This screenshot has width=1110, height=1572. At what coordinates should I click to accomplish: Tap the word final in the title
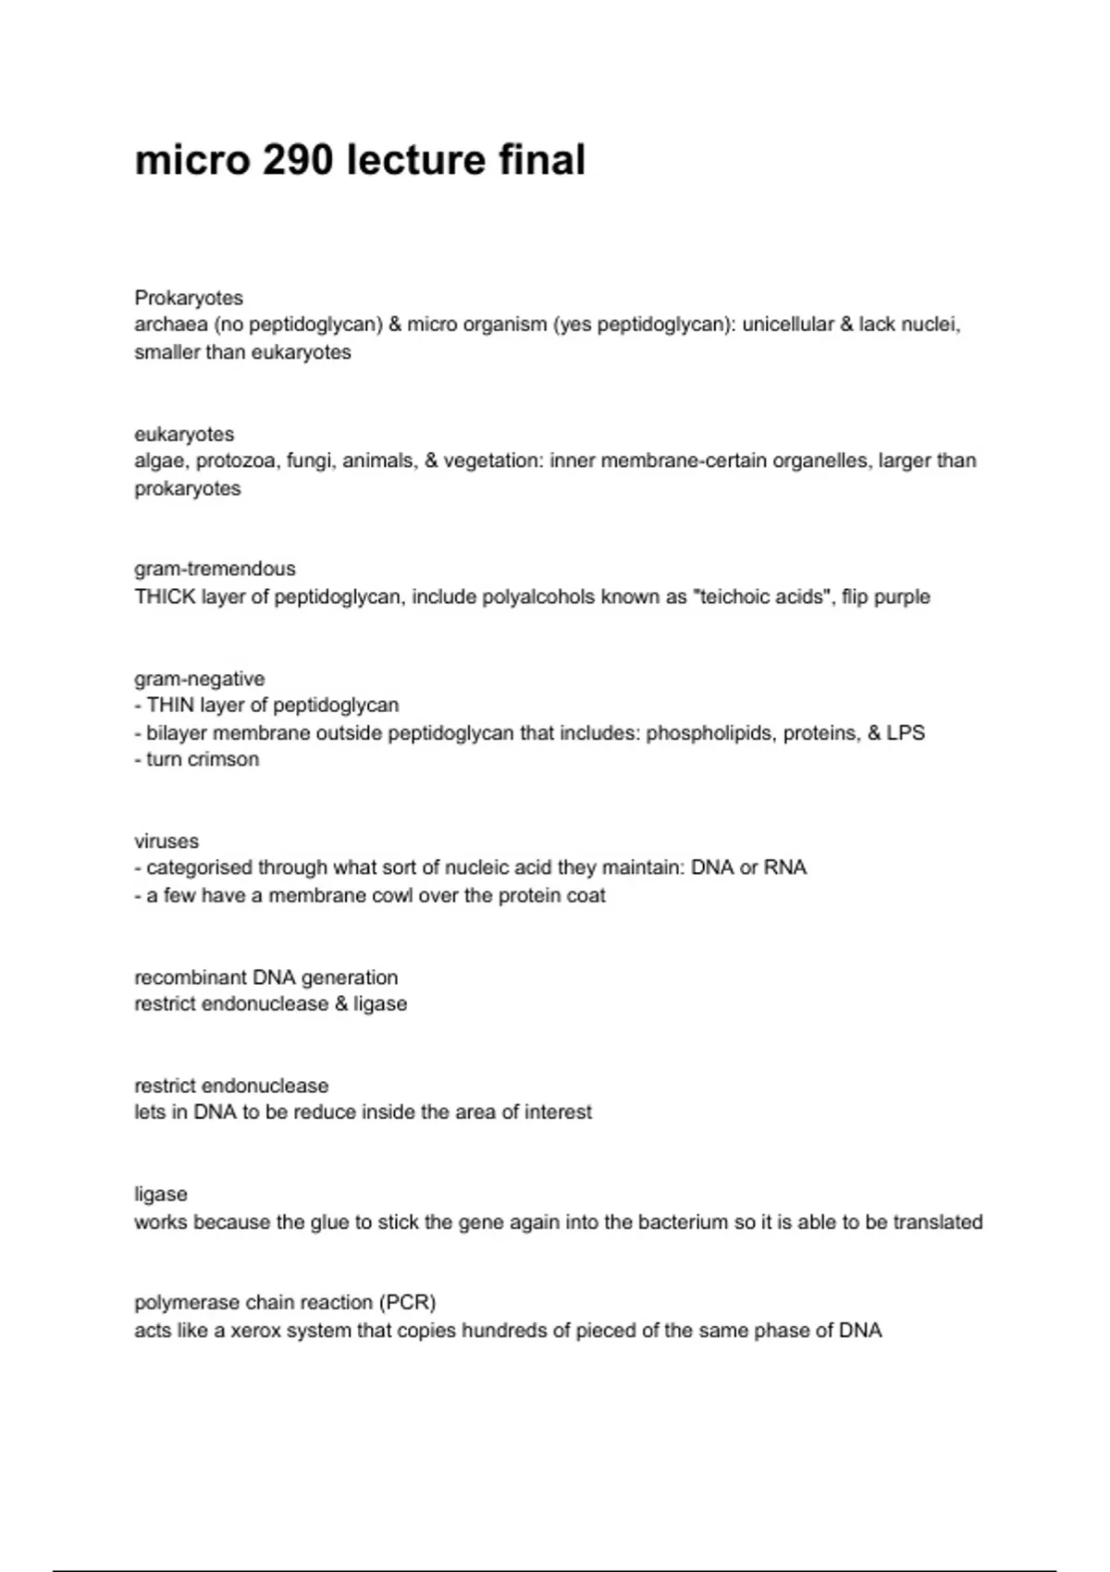pyautogui.click(x=542, y=160)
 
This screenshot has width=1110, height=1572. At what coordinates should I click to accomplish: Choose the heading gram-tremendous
pyautogui.click(x=215, y=569)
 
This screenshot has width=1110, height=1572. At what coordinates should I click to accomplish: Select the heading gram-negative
pyautogui.click(x=199, y=679)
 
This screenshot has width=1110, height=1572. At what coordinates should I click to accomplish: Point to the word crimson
pyautogui.click(x=227, y=759)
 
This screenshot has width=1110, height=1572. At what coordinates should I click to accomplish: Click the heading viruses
pyautogui.click(x=166, y=841)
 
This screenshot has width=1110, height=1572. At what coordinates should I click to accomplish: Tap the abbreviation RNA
pyautogui.click(x=785, y=868)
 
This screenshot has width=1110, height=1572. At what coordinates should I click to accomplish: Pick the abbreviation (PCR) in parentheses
pyautogui.click(x=407, y=1303)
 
